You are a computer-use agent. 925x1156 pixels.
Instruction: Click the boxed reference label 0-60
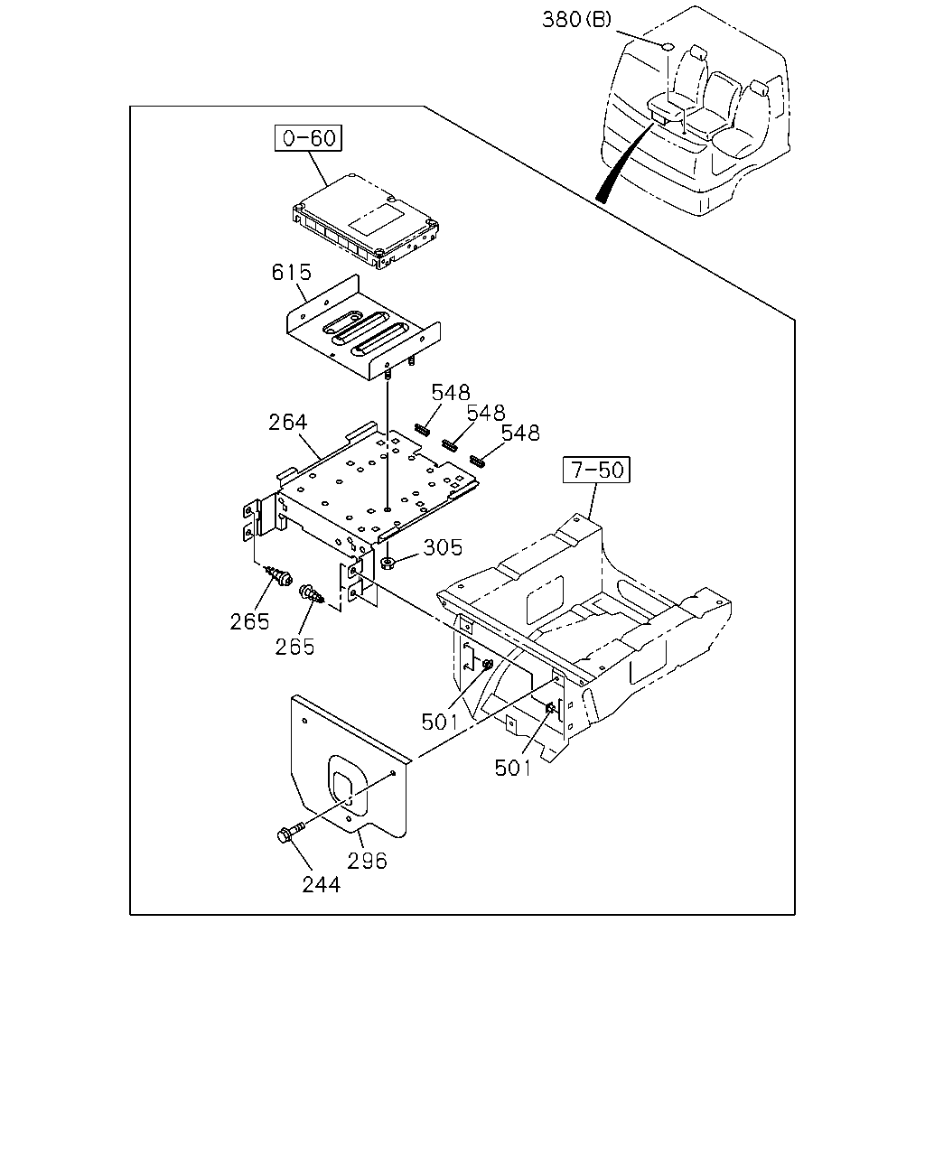(308, 138)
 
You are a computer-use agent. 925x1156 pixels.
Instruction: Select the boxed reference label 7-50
(596, 470)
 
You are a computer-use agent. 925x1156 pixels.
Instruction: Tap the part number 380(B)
(576, 20)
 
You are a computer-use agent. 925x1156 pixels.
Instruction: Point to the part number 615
(291, 273)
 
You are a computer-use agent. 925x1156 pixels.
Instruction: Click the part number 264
(288, 423)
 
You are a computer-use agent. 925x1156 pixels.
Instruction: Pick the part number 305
(443, 547)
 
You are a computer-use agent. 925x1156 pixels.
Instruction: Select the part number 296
(367, 861)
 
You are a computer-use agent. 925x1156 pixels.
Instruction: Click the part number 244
(322, 885)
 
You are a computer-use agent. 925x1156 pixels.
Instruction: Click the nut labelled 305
(387, 564)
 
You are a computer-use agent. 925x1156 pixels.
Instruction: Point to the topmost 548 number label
(451, 393)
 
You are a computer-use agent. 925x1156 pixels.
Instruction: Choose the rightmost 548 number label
(520, 433)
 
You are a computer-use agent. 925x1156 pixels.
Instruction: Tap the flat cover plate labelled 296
(350, 774)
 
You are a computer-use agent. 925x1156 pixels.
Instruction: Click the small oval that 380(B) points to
(667, 46)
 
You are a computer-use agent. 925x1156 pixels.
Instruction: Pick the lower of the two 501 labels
(513, 769)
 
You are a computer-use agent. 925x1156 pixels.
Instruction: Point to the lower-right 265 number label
(294, 647)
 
